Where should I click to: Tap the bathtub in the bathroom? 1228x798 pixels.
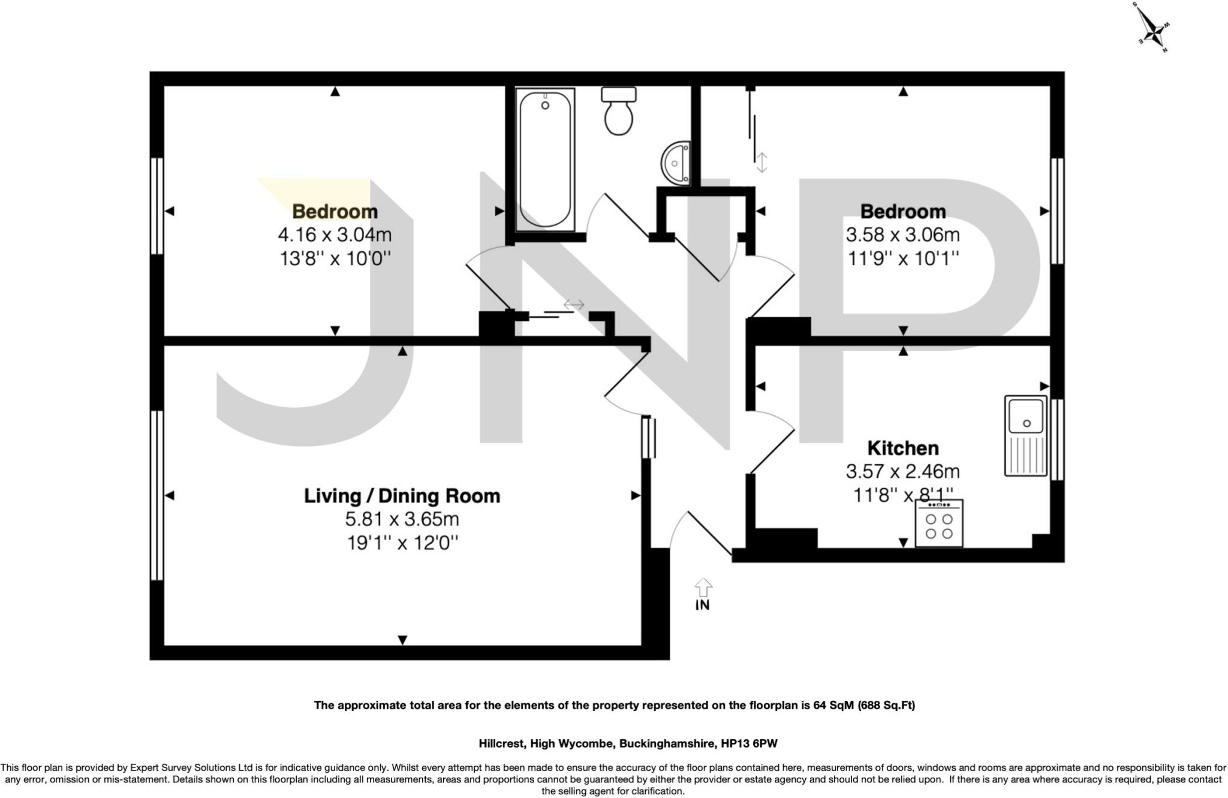pyautogui.click(x=546, y=159)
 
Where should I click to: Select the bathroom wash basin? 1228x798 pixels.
pyautogui.click(x=677, y=163)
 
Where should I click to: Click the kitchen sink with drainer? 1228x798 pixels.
pyautogui.click(x=1026, y=436)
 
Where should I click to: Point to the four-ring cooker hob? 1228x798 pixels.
pyautogui.click(x=939, y=523)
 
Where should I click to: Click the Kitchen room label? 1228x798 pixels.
pyautogui.click(x=903, y=448)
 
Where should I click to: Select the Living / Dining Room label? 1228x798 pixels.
pyautogui.click(x=402, y=496)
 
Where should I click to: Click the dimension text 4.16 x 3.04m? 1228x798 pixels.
pyautogui.click(x=335, y=235)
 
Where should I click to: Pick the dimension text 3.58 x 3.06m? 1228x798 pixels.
pyautogui.click(x=902, y=235)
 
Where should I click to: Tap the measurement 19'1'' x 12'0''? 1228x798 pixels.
pyautogui.click(x=402, y=543)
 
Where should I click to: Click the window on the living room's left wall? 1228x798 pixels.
pyautogui.click(x=156, y=495)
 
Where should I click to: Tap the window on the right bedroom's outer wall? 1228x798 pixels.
pyautogui.click(x=1057, y=211)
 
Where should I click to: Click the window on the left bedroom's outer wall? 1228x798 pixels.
pyautogui.click(x=156, y=206)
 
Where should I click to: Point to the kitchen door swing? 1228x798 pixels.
pyautogui.click(x=772, y=442)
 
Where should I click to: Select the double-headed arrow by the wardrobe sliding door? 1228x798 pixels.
pyautogui.click(x=761, y=162)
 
